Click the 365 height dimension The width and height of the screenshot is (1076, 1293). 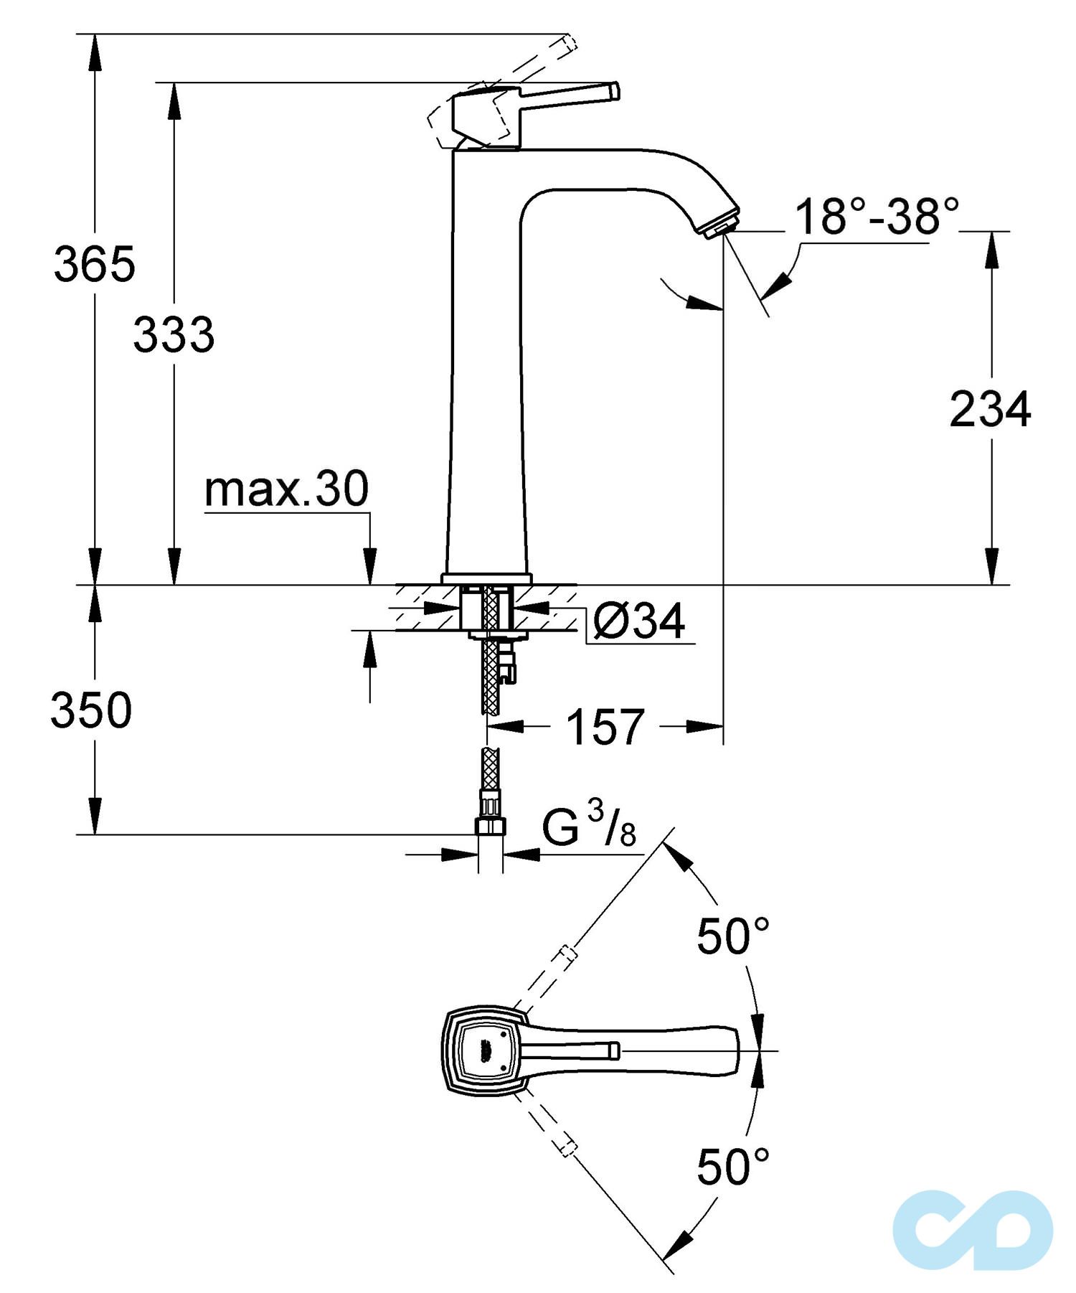click(94, 264)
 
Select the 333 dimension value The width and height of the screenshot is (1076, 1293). click(174, 334)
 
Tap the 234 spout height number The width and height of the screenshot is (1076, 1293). click(990, 410)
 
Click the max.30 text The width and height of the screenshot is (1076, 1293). click(286, 489)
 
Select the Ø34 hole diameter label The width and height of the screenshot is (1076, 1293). click(638, 621)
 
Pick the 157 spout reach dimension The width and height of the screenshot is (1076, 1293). click(605, 727)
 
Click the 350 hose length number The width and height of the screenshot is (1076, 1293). click(91, 710)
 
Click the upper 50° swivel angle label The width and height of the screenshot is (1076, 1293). click(732, 936)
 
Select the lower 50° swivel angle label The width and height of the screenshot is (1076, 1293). click(732, 1167)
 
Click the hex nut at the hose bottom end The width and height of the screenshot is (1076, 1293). click(491, 826)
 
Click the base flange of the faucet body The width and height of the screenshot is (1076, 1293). click(486, 578)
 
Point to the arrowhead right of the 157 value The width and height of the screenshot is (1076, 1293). click(707, 727)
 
